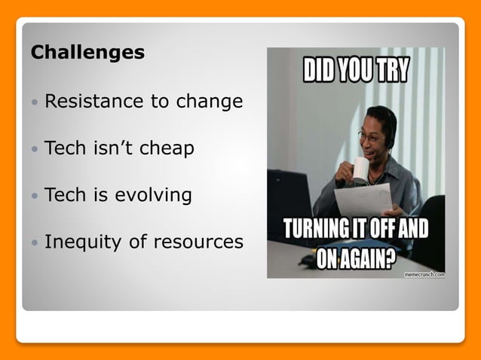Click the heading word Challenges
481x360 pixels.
tap(87, 53)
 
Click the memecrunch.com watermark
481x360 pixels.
tap(424, 275)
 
